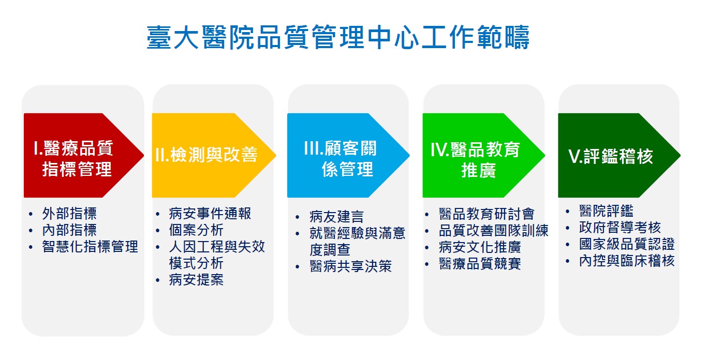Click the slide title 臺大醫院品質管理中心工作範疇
pyautogui.click(x=338, y=37)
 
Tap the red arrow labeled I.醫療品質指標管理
pyautogui.click(x=84, y=155)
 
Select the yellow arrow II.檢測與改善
pyautogui.click(x=214, y=155)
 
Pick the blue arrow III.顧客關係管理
pyautogui.click(x=348, y=155)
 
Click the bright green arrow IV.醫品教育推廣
pyautogui.click(x=483, y=155)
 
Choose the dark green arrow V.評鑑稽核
pyautogui.click(x=619, y=155)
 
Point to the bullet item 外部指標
pyautogui.click(x=69, y=214)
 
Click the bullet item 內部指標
pyautogui.click(x=69, y=230)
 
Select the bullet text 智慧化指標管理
pyautogui.click(x=90, y=246)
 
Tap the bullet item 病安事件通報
pyautogui.click(x=210, y=214)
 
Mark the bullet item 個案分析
pyautogui.click(x=196, y=230)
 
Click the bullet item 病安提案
pyautogui.click(x=196, y=280)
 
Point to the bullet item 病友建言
pyautogui.click(x=337, y=217)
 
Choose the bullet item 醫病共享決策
pyautogui.click(x=351, y=266)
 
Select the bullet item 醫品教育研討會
pyautogui.click(x=486, y=214)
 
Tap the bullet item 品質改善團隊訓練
pyautogui.click(x=494, y=231)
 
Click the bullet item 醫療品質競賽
pyautogui.click(x=480, y=264)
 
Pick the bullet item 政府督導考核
pyautogui.click(x=620, y=228)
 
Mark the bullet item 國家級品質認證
pyautogui.click(x=627, y=244)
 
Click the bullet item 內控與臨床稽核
pyautogui.click(x=627, y=261)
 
